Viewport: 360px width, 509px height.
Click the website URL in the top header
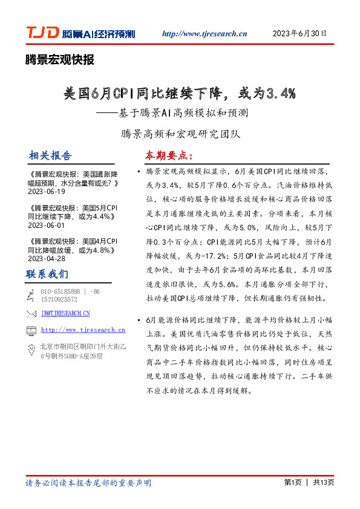[205, 34]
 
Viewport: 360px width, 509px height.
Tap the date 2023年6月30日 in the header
[299, 33]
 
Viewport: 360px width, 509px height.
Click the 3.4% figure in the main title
[279, 93]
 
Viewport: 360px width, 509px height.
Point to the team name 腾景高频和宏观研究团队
[182, 132]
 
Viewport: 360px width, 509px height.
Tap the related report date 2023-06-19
[46, 191]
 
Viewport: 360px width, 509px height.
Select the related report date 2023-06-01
[46, 225]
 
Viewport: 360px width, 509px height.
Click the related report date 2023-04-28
[46, 258]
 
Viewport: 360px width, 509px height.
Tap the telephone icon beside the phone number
[31, 294]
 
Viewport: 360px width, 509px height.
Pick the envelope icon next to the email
[31, 313]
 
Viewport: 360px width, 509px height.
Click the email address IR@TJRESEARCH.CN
[65, 313]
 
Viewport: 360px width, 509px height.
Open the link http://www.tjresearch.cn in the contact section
[82, 330]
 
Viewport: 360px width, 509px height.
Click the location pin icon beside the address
[31, 349]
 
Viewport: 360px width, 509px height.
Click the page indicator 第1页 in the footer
[293, 482]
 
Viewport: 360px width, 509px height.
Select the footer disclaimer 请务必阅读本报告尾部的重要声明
[89, 483]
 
